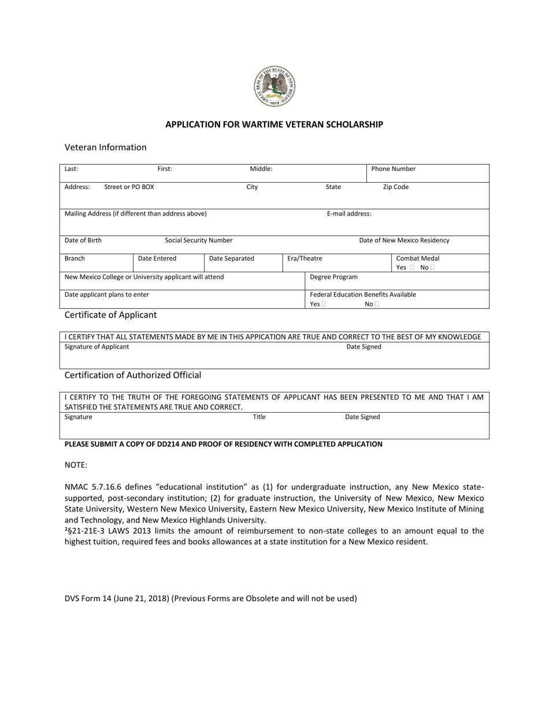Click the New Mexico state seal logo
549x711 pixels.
[x=274, y=87]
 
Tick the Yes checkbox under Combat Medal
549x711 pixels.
[x=411, y=268]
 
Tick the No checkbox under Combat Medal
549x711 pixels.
[x=432, y=268]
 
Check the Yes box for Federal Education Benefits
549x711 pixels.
[x=324, y=304]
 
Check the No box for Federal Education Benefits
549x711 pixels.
[x=377, y=304]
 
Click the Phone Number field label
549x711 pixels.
[x=393, y=169]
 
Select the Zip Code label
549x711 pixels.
[x=395, y=187]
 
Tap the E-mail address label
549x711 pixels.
[x=349, y=213]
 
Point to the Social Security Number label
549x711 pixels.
[x=199, y=240]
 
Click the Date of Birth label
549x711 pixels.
[x=83, y=240]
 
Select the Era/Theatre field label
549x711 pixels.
[x=305, y=258]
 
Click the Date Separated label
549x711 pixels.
[x=231, y=258]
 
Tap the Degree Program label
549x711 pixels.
[x=333, y=277]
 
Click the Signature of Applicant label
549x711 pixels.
[x=97, y=346]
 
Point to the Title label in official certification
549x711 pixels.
[x=259, y=416]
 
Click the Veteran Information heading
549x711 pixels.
[x=105, y=147]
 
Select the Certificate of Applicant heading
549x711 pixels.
[x=110, y=315]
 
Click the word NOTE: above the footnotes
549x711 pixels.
[x=76, y=465]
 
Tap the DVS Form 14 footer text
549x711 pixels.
[x=210, y=598]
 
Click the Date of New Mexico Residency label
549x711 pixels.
[x=404, y=240]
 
